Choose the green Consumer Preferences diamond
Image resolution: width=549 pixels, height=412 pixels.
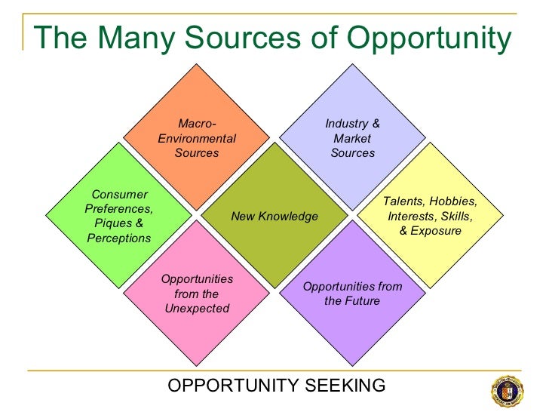118,217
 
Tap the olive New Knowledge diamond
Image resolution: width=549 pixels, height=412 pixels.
274,217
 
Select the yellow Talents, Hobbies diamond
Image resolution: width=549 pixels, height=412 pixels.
431,217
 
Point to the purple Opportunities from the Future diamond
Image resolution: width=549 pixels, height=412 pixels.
352,294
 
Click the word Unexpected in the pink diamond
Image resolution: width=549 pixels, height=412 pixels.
196,309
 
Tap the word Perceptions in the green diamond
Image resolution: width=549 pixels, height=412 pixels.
119,238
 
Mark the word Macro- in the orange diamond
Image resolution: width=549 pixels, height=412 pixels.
197,124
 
